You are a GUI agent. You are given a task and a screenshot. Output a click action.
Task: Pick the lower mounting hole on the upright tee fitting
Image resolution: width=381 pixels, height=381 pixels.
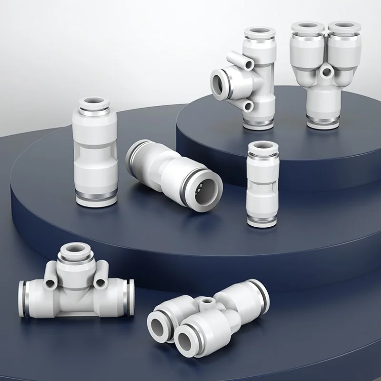pyautogui.click(x=249, y=106)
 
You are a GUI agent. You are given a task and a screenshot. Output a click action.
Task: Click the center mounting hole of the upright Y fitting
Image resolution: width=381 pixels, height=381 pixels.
pyautogui.click(x=327, y=72)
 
